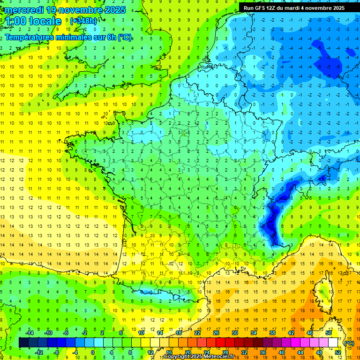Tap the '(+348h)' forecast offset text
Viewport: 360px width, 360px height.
tap(84, 21)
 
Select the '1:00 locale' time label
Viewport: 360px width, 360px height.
tap(33, 21)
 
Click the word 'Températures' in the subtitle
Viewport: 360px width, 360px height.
tap(29, 37)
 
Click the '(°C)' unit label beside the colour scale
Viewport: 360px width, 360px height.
tap(349, 343)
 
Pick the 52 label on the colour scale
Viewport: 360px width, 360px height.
tap(338, 352)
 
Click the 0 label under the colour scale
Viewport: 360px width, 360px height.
tap(93, 352)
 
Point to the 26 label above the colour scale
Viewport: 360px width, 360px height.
tap(216, 333)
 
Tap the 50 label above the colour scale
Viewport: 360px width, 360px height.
tap(329, 333)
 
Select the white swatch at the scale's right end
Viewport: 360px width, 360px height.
tap(333, 343)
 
